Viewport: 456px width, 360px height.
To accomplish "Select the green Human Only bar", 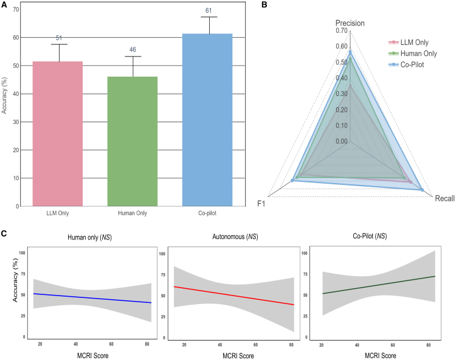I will click(x=133, y=141).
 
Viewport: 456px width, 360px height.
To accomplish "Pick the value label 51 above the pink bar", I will click(x=60, y=38).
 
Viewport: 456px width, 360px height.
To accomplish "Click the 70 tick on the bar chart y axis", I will click(x=15, y=9).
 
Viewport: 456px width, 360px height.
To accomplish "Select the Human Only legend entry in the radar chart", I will click(x=413, y=53).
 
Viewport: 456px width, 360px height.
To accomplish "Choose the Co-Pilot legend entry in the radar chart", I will click(x=410, y=63).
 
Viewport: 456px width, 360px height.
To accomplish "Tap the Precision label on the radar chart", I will click(x=350, y=23).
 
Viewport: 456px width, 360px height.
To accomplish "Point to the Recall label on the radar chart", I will click(x=444, y=198).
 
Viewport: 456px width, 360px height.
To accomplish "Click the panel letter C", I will click(x=4, y=233).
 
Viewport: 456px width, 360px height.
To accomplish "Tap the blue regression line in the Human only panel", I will click(x=91, y=298).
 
